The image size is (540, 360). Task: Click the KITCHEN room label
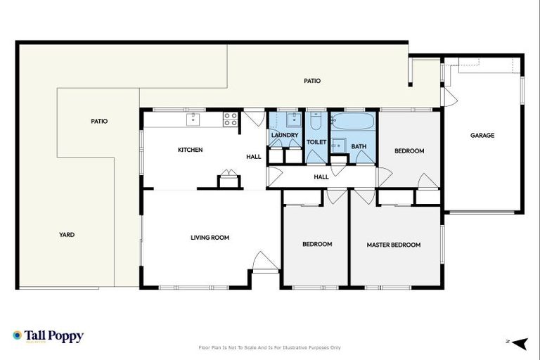(x=190, y=150)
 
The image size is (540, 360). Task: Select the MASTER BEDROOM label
(x=393, y=245)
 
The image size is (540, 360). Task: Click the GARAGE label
(x=482, y=135)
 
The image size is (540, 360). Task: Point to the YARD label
(x=67, y=235)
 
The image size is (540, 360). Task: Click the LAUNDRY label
(x=285, y=135)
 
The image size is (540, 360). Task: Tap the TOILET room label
(x=316, y=142)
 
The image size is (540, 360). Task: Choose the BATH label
(x=359, y=146)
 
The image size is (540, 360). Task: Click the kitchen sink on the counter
(x=193, y=120)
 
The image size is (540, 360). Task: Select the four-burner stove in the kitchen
(x=230, y=120)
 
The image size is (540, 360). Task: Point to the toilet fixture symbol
(x=316, y=123)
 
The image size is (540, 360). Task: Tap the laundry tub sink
(x=292, y=120)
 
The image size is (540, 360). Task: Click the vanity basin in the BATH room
(x=338, y=146)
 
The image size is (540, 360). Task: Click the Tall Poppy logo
(x=48, y=336)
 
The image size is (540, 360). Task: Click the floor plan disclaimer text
(x=270, y=347)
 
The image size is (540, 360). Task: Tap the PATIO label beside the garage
(x=312, y=81)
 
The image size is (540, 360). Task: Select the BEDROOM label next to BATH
(x=409, y=150)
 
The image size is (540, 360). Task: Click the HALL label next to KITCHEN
(x=254, y=156)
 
